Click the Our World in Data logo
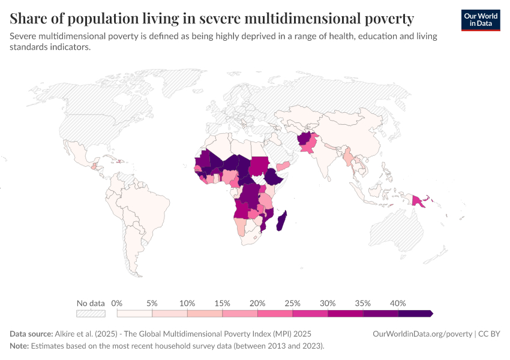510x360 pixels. (481, 20)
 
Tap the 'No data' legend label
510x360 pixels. (91, 303)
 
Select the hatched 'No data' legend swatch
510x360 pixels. (91, 313)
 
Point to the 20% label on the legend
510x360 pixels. (257, 303)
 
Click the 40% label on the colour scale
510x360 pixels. (398, 303)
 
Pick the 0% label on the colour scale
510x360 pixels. (117, 303)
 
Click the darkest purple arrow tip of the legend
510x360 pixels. (430, 313)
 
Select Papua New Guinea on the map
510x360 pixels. (419, 201)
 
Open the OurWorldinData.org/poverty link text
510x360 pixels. (422, 334)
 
